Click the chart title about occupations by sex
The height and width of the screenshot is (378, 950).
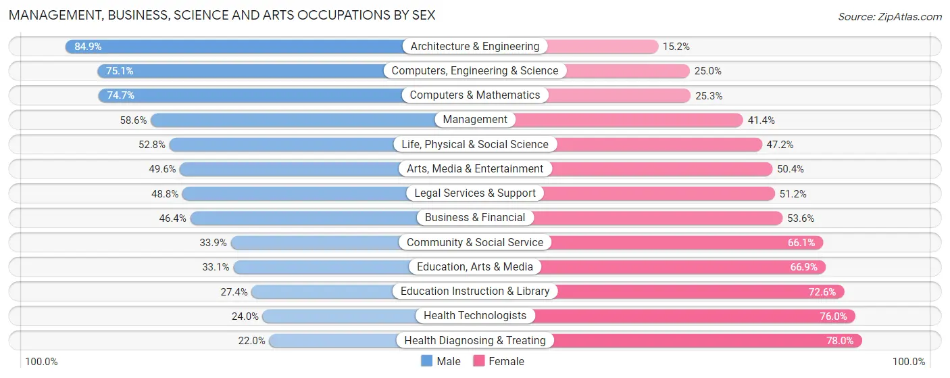(x=222, y=15)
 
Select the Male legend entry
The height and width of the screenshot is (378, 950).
(x=441, y=361)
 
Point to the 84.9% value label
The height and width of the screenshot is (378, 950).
(x=88, y=47)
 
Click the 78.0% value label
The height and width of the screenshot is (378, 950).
(x=840, y=341)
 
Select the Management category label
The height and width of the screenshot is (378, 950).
(x=475, y=120)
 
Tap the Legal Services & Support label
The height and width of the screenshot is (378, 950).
(x=475, y=193)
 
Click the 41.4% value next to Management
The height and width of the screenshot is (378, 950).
(x=761, y=120)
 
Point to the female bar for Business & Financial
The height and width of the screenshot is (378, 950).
(x=655, y=218)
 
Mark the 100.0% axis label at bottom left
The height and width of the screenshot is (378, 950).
(x=41, y=362)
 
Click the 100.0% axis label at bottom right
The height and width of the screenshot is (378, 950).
(x=909, y=362)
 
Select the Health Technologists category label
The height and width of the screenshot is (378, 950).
(x=475, y=316)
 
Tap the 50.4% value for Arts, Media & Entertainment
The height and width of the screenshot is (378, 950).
(x=790, y=169)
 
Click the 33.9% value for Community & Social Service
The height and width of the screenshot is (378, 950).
(x=210, y=243)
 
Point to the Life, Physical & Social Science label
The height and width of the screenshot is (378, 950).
(x=475, y=145)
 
